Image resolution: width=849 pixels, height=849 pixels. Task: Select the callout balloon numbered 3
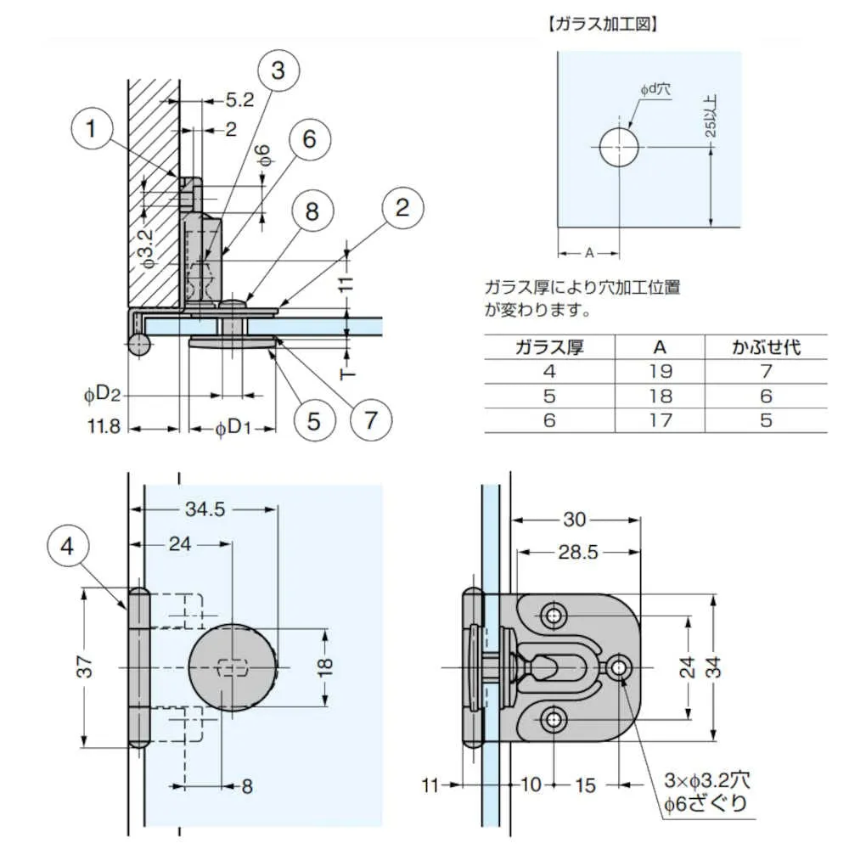pos(278,70)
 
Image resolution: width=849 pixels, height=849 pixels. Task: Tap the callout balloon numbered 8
pos(312,211)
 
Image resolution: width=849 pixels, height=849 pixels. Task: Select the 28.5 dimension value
pos(579,553)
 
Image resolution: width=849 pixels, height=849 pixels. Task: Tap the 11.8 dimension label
pos(103,427)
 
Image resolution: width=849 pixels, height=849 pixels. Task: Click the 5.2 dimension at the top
pos(239,100)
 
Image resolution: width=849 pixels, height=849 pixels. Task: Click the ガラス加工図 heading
pos(604,24)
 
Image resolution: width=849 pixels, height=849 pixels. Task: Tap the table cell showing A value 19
pos(660,371)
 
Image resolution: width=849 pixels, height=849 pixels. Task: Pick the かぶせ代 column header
pos(766,346)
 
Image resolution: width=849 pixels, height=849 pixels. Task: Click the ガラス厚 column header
pos(549,346)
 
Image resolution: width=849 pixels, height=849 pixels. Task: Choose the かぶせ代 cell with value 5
pos(766,419)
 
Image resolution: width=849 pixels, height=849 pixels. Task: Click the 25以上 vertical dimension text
pos(711,115)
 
